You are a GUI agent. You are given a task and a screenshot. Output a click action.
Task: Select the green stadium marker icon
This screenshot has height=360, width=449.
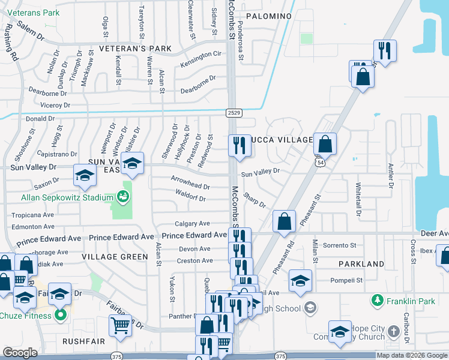click(123, 196)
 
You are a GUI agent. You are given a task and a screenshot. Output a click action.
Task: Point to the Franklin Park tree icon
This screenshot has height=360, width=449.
click(378, 299)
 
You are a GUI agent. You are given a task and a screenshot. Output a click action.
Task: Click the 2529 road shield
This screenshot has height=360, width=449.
click(234, 112)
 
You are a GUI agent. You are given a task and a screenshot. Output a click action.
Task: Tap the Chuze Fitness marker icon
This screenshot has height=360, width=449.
click(60, 314)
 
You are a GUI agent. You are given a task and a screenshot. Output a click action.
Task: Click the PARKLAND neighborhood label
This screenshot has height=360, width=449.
click(361, 264)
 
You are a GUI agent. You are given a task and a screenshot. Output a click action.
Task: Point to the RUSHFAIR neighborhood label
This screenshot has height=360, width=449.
click(83, 341)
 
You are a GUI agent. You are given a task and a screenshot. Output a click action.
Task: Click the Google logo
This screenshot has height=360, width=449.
click(20, 353)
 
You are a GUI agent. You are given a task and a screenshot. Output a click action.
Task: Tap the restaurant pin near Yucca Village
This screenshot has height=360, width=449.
click(239, 145)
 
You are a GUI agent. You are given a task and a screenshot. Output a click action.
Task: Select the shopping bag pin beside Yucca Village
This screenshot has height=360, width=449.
click(325, 144)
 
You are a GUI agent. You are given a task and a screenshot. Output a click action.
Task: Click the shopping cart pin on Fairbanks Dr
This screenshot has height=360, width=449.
click(120, 325)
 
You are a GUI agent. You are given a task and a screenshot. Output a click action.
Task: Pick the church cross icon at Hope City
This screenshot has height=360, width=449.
click(393, 331)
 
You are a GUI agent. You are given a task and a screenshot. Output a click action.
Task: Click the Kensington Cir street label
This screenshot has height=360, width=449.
click(201, 54)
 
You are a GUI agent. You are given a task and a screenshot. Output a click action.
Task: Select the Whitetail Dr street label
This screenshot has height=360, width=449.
click(359, 199)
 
